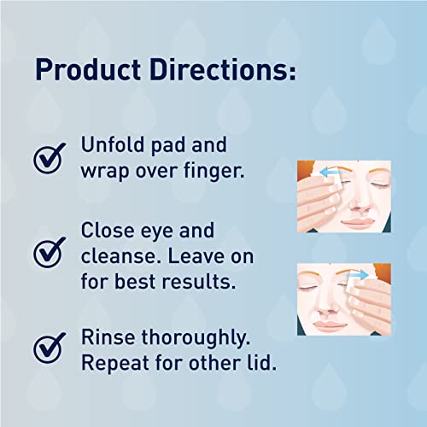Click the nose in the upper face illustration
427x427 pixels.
click(x=348, y=203)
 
